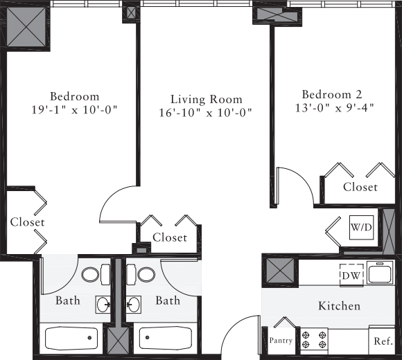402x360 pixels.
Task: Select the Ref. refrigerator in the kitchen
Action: point(383,341)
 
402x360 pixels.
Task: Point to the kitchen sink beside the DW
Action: point(381,274)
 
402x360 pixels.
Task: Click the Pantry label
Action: point(281,341)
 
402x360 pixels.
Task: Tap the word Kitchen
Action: point(339,305)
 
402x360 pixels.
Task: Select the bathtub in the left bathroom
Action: point(71,339)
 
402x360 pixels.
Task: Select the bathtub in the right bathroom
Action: point(165,339)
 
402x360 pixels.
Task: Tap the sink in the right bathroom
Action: point(133,303)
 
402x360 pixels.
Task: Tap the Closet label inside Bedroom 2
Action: point(360,187)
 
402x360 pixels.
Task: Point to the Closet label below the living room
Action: point(170,237)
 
